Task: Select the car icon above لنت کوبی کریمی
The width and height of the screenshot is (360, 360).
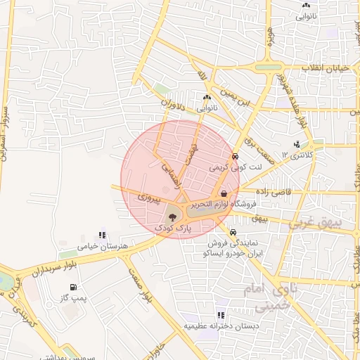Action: point(234,157)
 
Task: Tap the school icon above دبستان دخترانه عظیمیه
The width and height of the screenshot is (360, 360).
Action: point(221,315)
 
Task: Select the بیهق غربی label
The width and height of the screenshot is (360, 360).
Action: point(335,224)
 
